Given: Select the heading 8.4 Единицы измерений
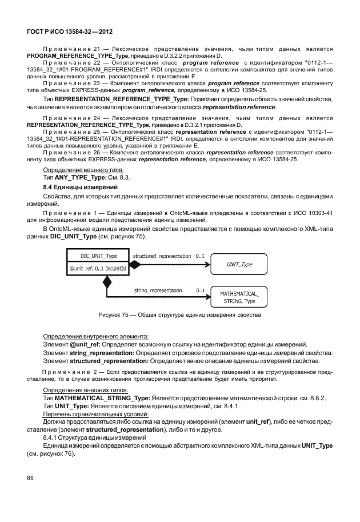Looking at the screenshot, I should click(80, 188).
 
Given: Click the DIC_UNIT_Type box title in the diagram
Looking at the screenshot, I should click(95, 256).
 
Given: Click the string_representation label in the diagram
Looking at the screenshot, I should click(158, 290).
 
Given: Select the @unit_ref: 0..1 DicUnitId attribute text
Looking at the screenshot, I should click(98, 269).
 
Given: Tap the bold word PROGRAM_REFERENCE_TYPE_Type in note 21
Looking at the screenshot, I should click(89, 57).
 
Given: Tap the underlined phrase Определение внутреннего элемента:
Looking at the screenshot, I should click(96, 336).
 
